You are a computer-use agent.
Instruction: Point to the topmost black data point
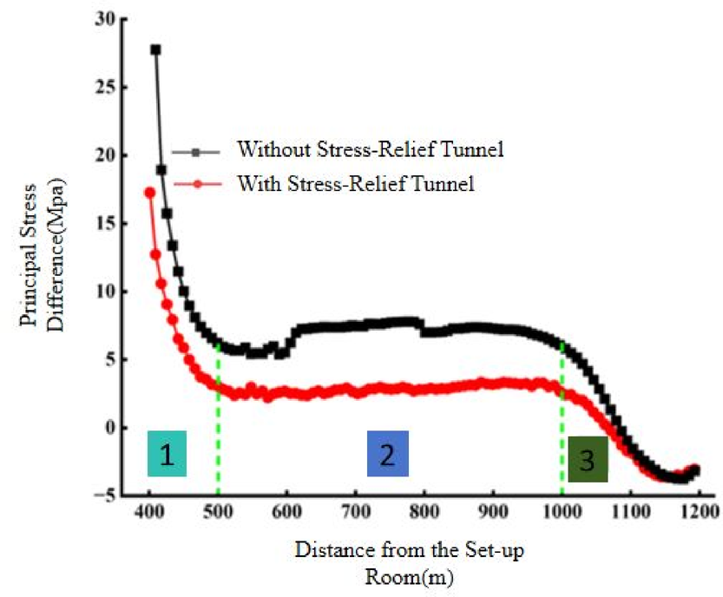point(156,50)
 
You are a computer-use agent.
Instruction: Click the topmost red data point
point(149,193)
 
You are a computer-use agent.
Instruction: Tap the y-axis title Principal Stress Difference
point(42,260)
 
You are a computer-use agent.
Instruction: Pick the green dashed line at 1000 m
point(562,417)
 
